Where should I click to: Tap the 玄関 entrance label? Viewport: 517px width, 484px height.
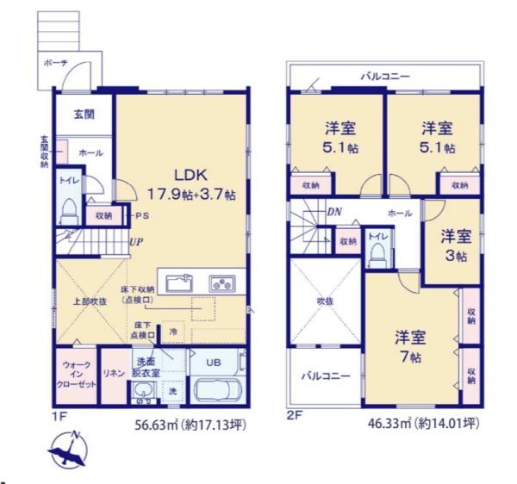(x=84, y=114)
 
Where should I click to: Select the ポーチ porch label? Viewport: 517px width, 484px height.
(x=54, y=64)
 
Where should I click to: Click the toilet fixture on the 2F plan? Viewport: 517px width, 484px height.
(x=377, y=252)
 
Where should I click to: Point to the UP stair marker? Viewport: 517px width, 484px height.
(x=136, y=242)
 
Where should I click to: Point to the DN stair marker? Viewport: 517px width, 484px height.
(x=333, y=211)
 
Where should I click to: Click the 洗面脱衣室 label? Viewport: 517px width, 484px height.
(x=144, y=367)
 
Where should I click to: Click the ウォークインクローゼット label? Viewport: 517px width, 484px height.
(x=75, y=376)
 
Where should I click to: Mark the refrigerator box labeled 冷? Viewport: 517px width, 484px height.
(x=172, y=330)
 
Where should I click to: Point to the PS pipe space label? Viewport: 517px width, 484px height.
(x=141, y=216)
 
